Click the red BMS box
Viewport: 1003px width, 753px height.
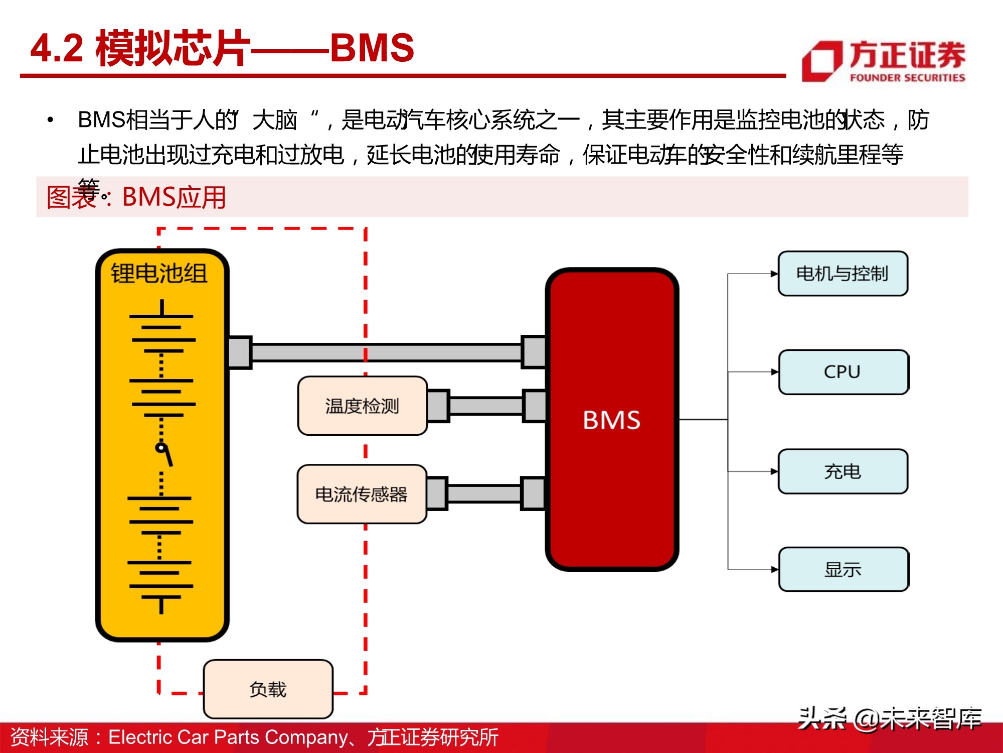(612, 420)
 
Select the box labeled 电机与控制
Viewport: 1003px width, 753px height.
(843, 274)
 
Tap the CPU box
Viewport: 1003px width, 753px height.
(843, 372)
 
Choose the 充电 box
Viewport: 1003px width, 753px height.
(843, 471)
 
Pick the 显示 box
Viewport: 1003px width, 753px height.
(843, 569)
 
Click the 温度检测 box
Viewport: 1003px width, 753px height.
(362, 406)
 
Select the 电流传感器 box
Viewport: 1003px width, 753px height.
(362, 494)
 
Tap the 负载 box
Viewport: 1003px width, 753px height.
(268, 689)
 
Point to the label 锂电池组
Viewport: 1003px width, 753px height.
(159, 274)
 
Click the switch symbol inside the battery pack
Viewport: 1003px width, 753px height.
(164, 455)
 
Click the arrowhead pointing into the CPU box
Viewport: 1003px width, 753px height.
(775, 372)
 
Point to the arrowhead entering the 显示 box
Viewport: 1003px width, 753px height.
(775, 569)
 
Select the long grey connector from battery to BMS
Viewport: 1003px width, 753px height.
(386, 352)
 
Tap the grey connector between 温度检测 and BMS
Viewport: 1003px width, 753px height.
(485, 406)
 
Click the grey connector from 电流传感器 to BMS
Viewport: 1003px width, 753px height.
(484, 494)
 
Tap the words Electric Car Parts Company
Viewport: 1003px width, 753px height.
(228, 737)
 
